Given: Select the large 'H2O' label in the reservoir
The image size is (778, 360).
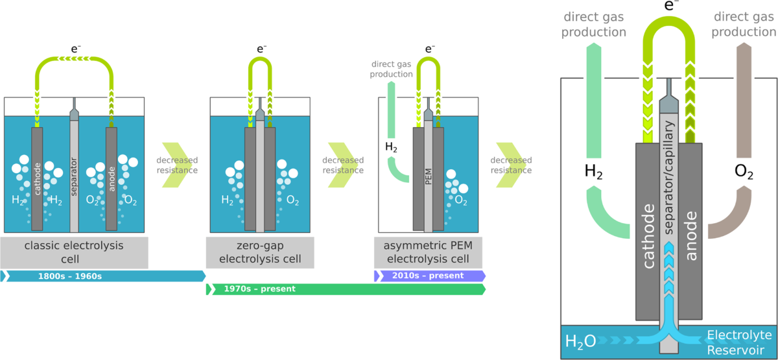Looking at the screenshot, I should coord(580,341).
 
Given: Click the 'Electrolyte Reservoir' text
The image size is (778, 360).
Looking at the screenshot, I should coord(739,341).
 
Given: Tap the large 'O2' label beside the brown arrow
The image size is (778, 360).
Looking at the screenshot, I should coord(744,172).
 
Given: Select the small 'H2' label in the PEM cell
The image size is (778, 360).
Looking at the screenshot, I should coord(392,147).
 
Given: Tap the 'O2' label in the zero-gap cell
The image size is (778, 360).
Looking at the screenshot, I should coord(293,200).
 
